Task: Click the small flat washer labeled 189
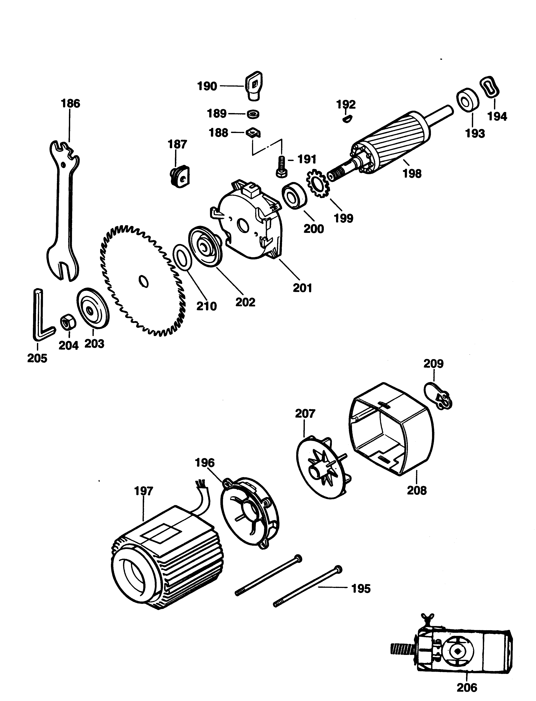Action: (x=253, y=113)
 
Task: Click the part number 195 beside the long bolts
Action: (x=361, y=588)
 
